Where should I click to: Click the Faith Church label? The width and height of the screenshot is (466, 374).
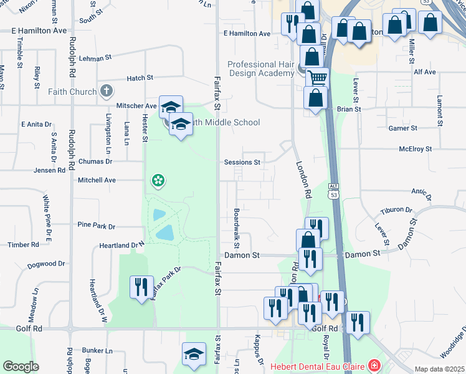point(72,92)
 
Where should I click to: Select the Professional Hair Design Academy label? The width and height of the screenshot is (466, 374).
point(260,69)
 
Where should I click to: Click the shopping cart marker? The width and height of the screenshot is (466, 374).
point(318,79)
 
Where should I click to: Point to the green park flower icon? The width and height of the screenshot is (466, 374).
point(158,181)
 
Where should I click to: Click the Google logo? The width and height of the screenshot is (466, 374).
point(21,367)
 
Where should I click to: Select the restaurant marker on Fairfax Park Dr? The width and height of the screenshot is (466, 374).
point(141,287)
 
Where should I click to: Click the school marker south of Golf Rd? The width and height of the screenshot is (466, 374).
point(194,354)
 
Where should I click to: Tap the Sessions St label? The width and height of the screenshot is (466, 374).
point(242,162)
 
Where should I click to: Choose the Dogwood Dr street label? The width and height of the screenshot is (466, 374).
point(46,265)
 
